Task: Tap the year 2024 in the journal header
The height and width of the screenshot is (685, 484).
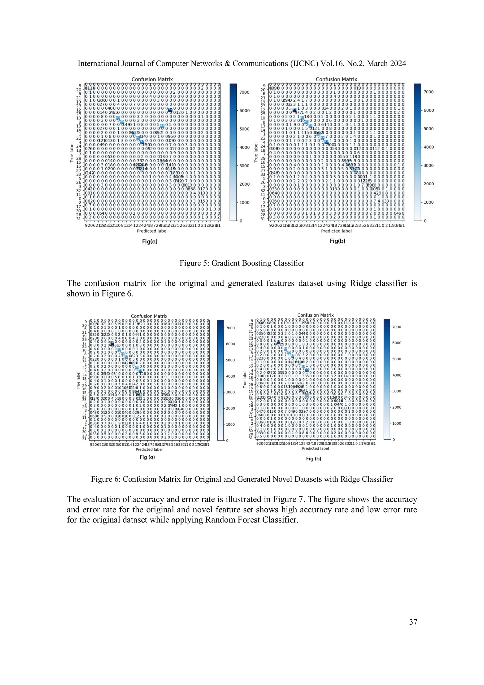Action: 397,64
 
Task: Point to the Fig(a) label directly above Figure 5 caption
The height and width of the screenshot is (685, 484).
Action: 150,241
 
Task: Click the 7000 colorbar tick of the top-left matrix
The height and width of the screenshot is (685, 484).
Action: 245,92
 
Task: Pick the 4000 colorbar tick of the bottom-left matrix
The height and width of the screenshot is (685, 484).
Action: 230,376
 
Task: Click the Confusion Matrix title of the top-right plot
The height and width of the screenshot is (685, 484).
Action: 336,79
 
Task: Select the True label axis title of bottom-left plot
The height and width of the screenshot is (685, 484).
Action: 78,380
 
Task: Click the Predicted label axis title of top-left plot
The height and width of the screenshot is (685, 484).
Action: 152,231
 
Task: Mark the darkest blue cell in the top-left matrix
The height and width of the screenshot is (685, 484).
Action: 170,110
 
